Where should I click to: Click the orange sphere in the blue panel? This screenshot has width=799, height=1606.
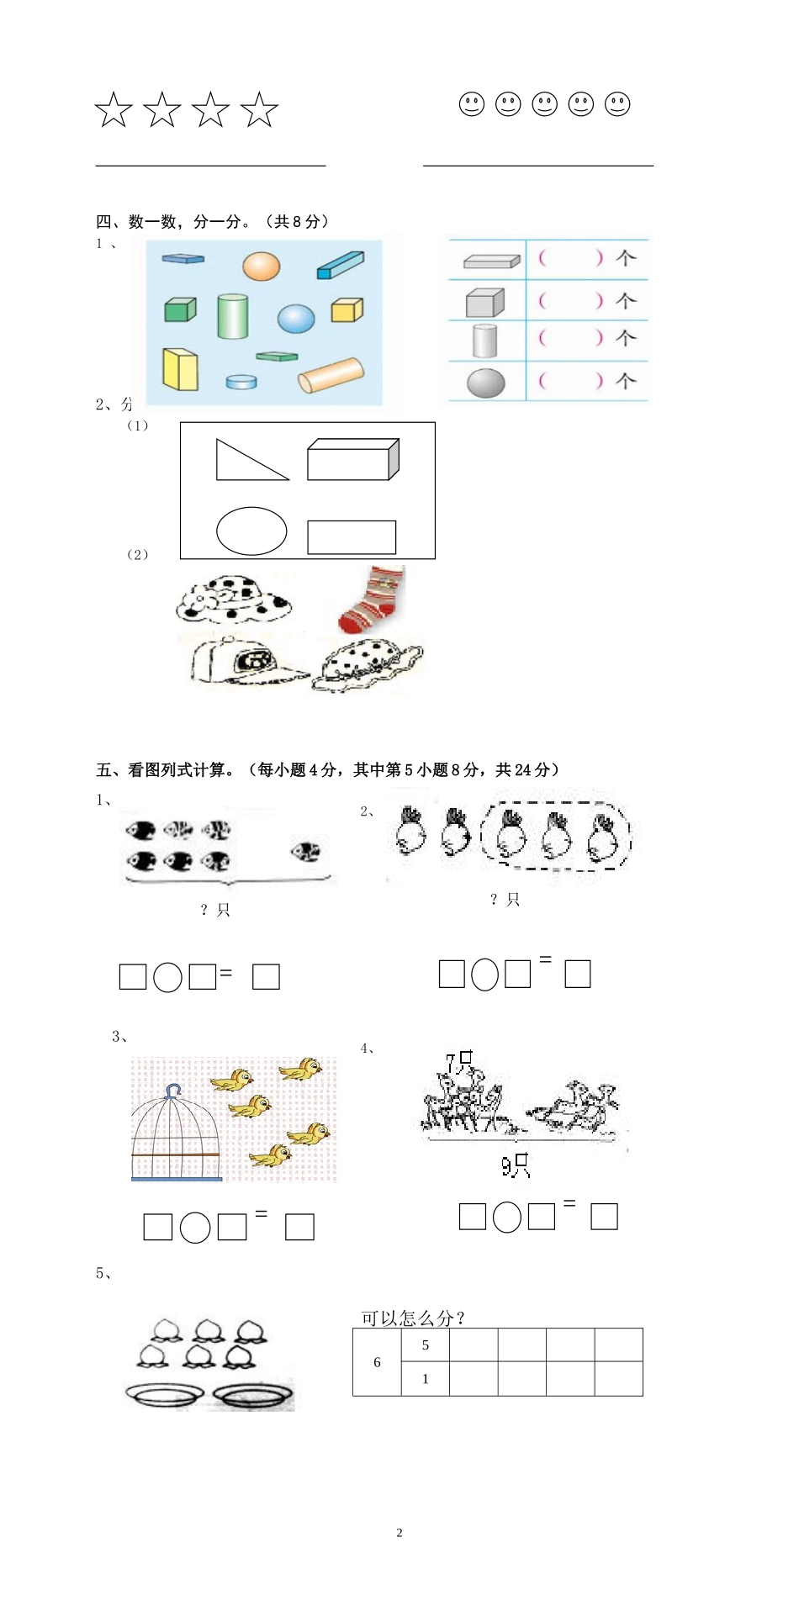pos(261,267)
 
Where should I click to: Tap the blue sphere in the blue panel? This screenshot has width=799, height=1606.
pos(296,319)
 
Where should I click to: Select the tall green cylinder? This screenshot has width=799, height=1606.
pos(232,316)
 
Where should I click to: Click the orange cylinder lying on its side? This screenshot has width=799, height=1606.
pos(331,375)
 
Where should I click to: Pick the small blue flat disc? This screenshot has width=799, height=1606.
pos(241,382)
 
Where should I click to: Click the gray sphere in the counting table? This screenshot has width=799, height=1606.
pos(485,383)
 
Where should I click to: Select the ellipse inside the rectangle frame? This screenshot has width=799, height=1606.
pos(251,531)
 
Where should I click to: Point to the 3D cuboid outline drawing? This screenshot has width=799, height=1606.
pos(352,459)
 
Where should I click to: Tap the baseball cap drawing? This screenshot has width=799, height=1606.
pos(245,661)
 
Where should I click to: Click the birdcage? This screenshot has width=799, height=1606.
pos(176,1135)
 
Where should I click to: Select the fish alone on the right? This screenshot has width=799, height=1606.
pos(305,852)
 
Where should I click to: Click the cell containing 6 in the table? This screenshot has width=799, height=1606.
pos(377,1361)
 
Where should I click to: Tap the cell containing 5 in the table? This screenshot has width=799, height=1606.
pos(425,1344)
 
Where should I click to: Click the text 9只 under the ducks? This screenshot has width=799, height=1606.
pos(515,1165)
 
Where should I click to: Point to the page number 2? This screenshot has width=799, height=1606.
pos(399,1532)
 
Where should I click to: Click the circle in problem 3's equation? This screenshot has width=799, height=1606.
pos(195,1228)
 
